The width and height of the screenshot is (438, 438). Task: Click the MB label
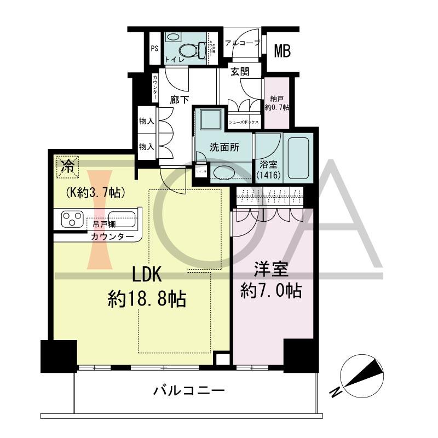[x=282, y=51]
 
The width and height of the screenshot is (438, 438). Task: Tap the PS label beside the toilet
[x=154, y=48]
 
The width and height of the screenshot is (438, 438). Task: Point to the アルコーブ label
[x=243, y=43]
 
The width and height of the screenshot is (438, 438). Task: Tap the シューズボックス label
[x=244, y=122]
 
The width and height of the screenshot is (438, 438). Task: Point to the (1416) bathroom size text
[x=268, y=176]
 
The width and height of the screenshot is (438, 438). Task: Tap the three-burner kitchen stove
[x=71, y=220]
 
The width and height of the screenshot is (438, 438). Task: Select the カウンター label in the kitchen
[x=112, y=237]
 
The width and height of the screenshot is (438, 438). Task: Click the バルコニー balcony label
[x=189, y=391]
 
